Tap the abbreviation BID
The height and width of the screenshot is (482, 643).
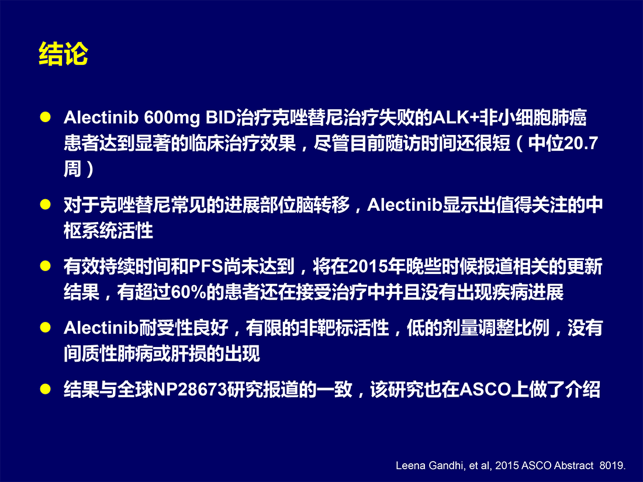click(x=220, y=117)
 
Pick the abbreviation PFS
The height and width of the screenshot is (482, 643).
click(x=206, y=267)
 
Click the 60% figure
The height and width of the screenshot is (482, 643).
click(x=188, y=293)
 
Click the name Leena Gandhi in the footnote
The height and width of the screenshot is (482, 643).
click(x=430, y=466)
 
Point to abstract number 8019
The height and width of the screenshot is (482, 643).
click(x=611, y=466)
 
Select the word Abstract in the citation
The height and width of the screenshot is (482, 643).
click(x=573, y=466)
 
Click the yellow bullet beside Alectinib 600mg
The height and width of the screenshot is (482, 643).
click(x=45, y=117)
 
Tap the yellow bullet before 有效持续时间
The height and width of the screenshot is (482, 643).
click(x=45, y=266)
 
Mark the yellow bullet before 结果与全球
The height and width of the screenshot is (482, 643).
click(x=45, y=389)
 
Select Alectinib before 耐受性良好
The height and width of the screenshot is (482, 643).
click(x=101, y=328)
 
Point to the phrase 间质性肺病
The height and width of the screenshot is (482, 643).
click(x=108, y=353)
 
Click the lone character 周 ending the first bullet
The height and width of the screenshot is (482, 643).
click(x=72, y=169)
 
